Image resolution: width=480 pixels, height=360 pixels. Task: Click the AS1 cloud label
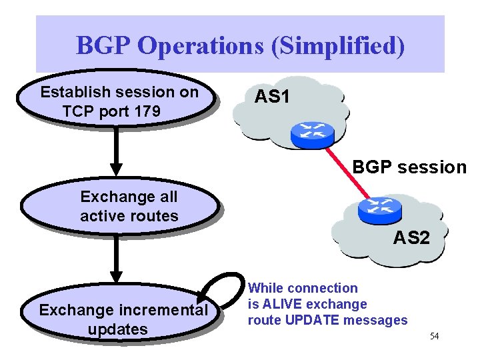pyautogui.click(x=271, y=97)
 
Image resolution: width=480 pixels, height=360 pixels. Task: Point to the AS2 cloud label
pyautogui.click(x=411, y=237)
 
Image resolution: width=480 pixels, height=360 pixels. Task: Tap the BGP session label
pyautogui.click(x=409, y=167)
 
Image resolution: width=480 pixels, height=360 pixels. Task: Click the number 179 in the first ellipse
pyautogui.click(x=146, y=111)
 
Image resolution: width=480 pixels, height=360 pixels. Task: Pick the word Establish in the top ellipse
pyautogui.click(x=72, y=92)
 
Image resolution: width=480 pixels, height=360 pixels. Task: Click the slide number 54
pyautogui.click(x=434, y=336)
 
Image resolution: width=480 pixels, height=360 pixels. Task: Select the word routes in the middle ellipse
pyautogui.click(x=158, y=215)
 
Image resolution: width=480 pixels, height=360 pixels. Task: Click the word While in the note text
pyautogui.click(x=265, y=288)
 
